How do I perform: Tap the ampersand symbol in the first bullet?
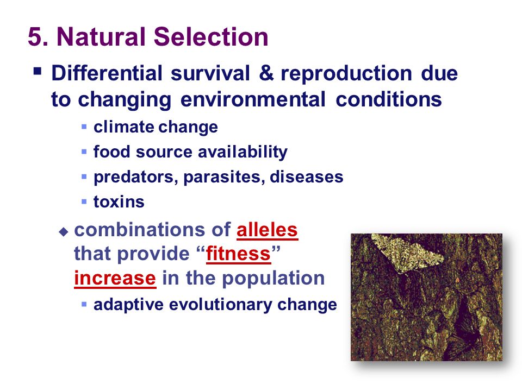click(x=266, y=73)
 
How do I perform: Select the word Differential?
click(x=107, y=73)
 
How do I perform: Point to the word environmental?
click(x=253, y=99)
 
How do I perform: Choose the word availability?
click(x=243, y=152)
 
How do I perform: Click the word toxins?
click(x=119, y=201)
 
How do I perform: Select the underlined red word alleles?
click(x=267, y=230)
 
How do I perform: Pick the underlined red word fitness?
click(x=238, y=254)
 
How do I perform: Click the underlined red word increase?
click(x=115, y=278)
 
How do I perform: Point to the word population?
click(x=274, y=279)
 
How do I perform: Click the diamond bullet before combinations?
click(x=63, y=231)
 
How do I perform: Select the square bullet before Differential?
click(x=38, y=71)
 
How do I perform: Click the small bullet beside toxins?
click(x=84, y=201)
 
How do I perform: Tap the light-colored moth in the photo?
click(x=407, y=251)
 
